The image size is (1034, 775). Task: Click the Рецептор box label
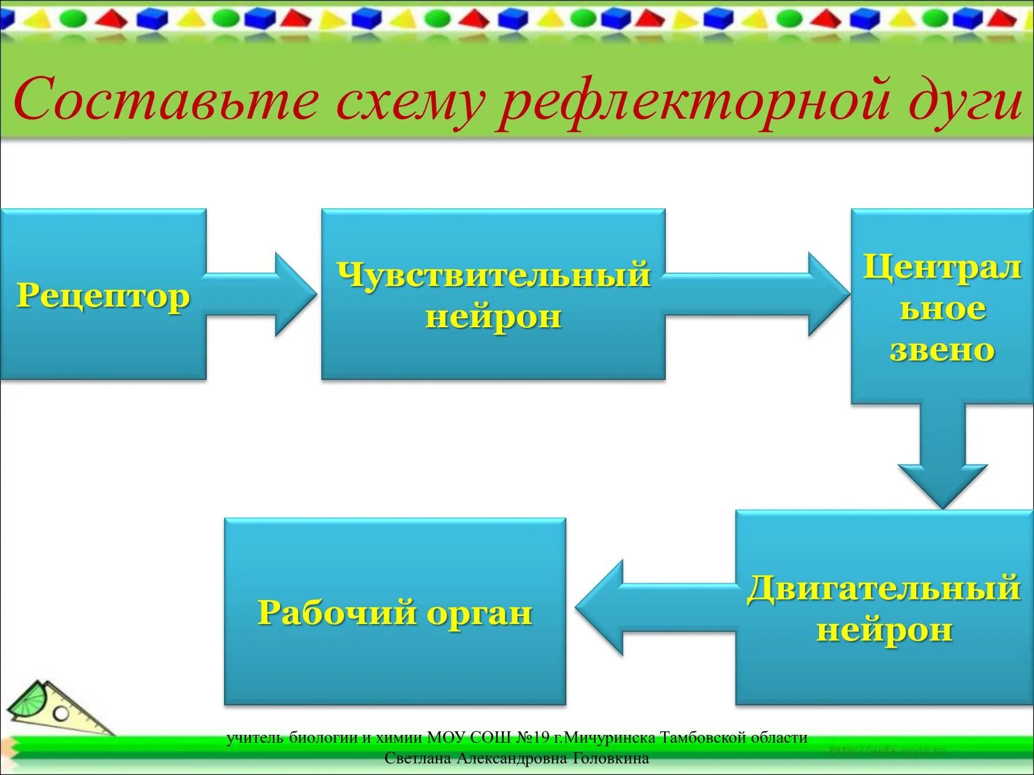point(103,296)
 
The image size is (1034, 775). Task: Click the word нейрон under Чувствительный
point(493,316)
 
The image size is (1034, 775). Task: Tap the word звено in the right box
point(942,350)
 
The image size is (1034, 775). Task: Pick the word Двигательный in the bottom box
point(883,588)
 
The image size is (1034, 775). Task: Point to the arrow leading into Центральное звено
point(758,294)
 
